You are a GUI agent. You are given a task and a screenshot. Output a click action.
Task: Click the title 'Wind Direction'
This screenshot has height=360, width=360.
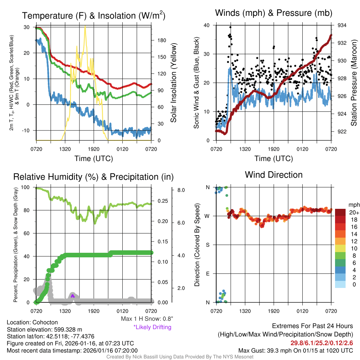coord(274,175)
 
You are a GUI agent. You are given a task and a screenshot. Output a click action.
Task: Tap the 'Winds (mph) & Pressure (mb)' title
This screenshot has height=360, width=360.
coord(274,13)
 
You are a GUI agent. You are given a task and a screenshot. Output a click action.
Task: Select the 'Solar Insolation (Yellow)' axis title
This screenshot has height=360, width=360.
coord(174,83)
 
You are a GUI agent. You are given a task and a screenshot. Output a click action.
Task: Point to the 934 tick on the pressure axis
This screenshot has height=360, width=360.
coord(342,26)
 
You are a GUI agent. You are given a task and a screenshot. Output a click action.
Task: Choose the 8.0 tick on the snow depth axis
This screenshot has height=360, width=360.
coord(181,190)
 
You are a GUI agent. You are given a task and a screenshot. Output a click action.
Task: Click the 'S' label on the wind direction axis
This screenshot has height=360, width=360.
coord(207,245)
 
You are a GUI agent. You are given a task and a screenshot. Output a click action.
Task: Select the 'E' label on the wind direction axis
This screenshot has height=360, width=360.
coord(207,274)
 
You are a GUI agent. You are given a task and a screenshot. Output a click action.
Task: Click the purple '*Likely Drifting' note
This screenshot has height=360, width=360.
coord(152,327)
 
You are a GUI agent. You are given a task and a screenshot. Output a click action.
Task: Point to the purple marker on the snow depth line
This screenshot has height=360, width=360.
coord(73,296)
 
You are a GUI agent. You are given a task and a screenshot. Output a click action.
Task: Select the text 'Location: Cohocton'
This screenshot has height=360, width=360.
coord(32,322)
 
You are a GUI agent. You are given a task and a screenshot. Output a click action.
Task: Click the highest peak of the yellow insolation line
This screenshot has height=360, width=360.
coord(85,26)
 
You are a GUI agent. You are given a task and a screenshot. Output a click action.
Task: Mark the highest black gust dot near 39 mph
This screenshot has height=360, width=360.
coord(230,27)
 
